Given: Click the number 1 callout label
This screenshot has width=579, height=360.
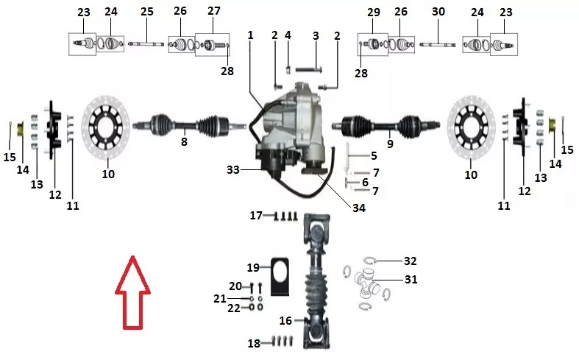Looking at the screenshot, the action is pyautogui.click(x=250, y=35).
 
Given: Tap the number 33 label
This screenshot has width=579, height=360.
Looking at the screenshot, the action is pyautogui.click(x=233, y=169).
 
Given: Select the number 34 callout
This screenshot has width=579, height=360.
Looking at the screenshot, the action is pyautogui.click(x=358, y=208).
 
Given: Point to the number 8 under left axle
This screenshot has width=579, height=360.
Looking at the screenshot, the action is pyautogui.click(x=184, y=141).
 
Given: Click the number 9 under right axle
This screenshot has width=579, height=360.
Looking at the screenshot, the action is pyautogui.click(x=390, y=144).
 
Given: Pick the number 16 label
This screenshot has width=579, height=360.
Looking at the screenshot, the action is pyautogui.click(x=285, y=320).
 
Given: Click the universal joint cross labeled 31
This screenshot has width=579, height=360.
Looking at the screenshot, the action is pyautogui.click(x=366, y=283).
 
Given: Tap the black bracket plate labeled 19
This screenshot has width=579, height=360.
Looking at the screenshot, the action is pyautogui.click(x=280, y=276).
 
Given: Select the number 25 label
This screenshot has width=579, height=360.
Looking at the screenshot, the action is pyautogui.click(x=146, y=12).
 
